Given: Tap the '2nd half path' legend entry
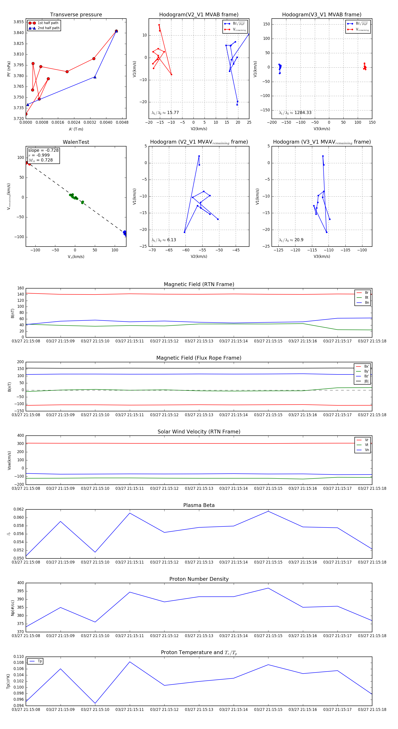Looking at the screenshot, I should point(48,28).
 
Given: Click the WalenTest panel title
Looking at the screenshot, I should point(76,142).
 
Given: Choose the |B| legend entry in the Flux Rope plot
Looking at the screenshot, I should point(366,381).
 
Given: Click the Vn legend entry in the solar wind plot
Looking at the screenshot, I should point(367,450).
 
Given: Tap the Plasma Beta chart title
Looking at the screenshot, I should point(199,505).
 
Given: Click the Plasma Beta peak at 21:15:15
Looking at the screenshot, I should point(268,511).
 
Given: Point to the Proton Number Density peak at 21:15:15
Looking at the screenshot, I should point(268,588).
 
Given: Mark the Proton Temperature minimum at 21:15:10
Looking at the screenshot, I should point(95,703).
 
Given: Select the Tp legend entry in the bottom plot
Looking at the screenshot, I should point(39,661).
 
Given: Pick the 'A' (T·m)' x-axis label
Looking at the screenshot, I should point(76,129).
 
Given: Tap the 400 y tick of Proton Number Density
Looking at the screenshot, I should point(20,583).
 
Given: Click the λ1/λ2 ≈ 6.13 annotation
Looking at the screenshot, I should point(164,240).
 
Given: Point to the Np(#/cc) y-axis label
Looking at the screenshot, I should point(12,607).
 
